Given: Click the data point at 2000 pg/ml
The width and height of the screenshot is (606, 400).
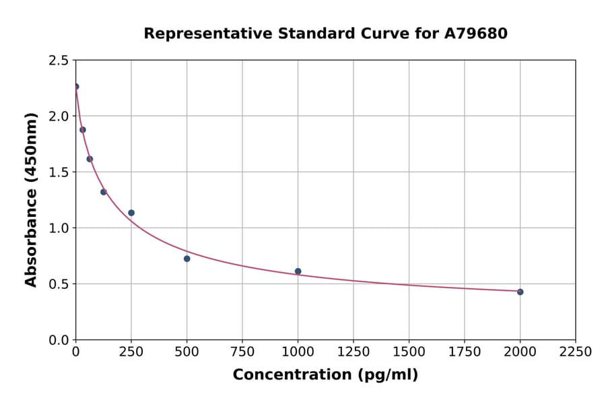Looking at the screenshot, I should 520,292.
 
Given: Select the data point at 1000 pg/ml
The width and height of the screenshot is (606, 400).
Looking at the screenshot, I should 298,271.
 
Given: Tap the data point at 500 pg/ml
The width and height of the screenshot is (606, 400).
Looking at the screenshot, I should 187,259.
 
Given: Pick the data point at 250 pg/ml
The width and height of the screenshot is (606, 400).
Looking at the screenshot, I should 131,213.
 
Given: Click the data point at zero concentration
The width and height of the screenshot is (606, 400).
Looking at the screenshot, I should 76,86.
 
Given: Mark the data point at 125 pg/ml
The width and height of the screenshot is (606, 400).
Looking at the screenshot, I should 104,192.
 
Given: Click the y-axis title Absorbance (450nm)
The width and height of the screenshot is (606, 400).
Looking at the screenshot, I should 31,199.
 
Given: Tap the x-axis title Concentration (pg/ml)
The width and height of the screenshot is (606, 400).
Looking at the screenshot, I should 325,374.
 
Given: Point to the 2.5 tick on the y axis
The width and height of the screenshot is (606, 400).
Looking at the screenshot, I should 58,61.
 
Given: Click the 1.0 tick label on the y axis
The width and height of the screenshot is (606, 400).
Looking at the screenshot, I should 58,228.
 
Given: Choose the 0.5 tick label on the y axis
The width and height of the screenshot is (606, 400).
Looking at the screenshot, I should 58,284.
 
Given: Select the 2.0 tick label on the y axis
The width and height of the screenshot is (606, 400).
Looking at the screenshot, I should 58,116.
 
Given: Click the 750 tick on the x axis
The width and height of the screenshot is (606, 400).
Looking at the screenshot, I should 242,352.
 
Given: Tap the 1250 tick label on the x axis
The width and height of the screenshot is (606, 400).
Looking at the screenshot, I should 353,352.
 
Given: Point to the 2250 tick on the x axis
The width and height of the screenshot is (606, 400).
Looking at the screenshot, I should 575,352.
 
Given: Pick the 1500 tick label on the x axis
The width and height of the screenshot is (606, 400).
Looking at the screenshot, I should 409,352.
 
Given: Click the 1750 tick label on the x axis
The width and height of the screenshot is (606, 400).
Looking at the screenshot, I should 465,352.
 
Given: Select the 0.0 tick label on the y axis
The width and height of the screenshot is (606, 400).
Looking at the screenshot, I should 58,340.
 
